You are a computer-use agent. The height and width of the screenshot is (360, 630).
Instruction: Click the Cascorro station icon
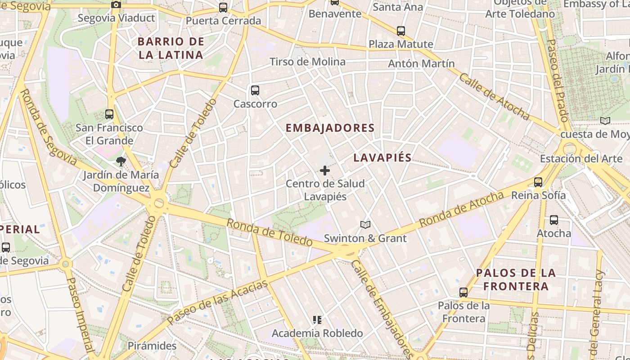coord(255,90)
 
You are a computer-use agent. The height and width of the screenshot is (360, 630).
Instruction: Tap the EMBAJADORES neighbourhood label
coord(330,128)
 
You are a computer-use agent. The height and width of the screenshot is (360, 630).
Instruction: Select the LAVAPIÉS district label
coord(382,157)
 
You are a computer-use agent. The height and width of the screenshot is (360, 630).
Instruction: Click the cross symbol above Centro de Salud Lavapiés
coord(325,171)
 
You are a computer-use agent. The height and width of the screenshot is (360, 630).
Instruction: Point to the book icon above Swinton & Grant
coord(365,225)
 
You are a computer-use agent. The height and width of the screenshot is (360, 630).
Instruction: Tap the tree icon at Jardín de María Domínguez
coord(121,161)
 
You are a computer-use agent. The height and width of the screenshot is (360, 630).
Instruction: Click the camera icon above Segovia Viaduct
coord(116,5)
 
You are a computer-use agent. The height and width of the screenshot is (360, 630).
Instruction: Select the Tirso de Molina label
coord(307,62)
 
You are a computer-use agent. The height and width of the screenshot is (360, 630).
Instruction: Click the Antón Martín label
coord(421,63)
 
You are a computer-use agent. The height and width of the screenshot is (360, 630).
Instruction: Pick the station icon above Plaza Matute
coord(401,31)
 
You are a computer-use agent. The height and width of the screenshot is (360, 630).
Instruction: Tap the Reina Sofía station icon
coord(538,182)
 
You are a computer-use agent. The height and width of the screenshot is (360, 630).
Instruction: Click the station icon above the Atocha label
coord(554,220)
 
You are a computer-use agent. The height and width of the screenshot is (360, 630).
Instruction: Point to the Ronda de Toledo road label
coord(269,232)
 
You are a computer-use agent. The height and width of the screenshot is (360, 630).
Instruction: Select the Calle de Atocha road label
coord(494,96)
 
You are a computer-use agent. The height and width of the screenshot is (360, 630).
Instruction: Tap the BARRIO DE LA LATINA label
coord(171,48)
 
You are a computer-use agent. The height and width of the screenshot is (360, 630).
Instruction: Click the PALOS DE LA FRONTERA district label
coord(516,279)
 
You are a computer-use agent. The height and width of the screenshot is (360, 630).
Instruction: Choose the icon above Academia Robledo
coord(317,320)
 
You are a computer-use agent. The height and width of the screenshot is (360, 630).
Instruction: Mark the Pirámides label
coord(152,346)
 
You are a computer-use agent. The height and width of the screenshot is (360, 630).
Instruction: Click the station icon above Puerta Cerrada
coord(223,8)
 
